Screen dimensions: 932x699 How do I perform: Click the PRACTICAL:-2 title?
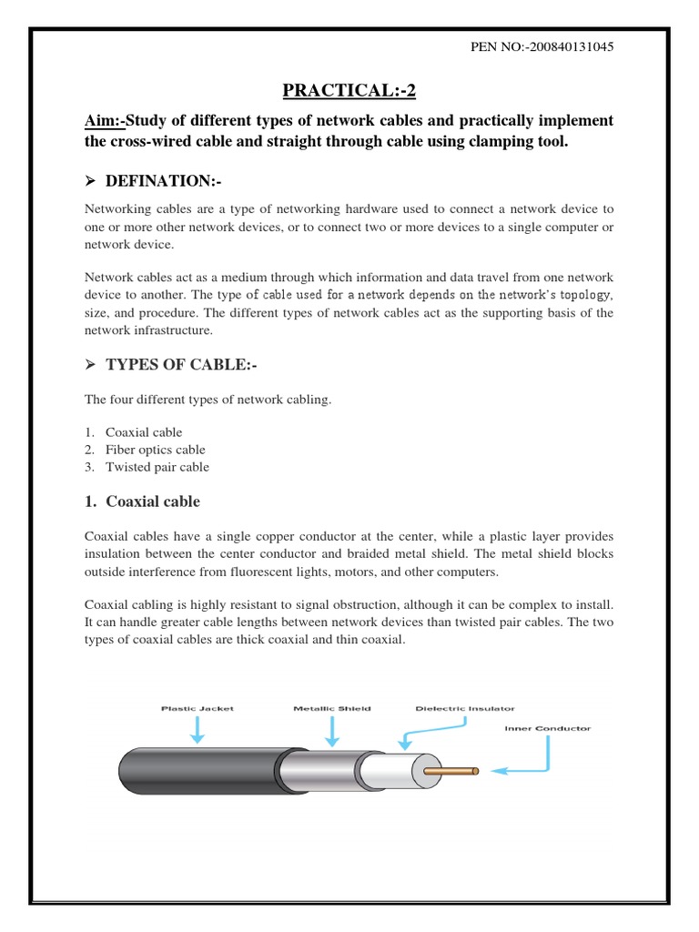[x=349, y=89]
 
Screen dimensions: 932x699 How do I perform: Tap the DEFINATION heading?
[x=164, y=182]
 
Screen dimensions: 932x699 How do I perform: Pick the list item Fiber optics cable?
[x=156, y=450]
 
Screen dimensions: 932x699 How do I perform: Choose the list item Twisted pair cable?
[x=157, y=467]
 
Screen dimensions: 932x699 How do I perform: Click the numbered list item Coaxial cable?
[x=144, y=432]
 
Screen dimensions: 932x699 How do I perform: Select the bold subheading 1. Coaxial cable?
[x=142, y=501]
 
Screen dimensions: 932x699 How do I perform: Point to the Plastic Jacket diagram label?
[x=198, y=708]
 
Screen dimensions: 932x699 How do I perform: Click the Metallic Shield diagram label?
[x=331, y=708]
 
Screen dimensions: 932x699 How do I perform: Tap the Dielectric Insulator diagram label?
[x=464, y=708]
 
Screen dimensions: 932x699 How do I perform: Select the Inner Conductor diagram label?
[x=548, y=728]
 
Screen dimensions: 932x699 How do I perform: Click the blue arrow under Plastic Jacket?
[x=198, y=729]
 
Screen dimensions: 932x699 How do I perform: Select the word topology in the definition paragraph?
[x=589, y=296]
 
